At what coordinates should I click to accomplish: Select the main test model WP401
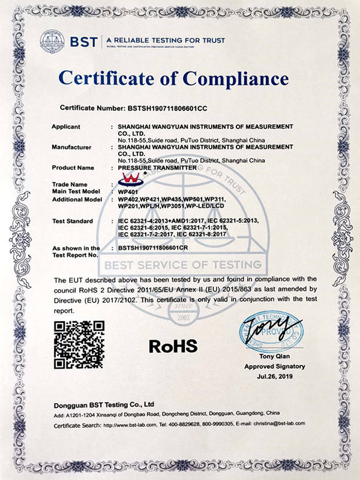[x=128, y=191]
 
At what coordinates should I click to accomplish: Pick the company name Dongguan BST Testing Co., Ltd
[x=104, y=404]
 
